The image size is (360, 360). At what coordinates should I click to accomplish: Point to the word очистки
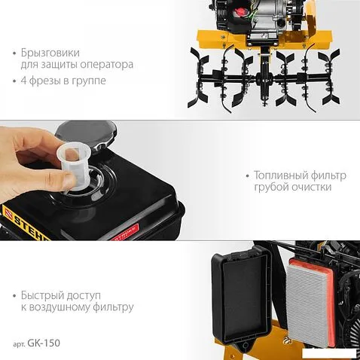tap(311, 187)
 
